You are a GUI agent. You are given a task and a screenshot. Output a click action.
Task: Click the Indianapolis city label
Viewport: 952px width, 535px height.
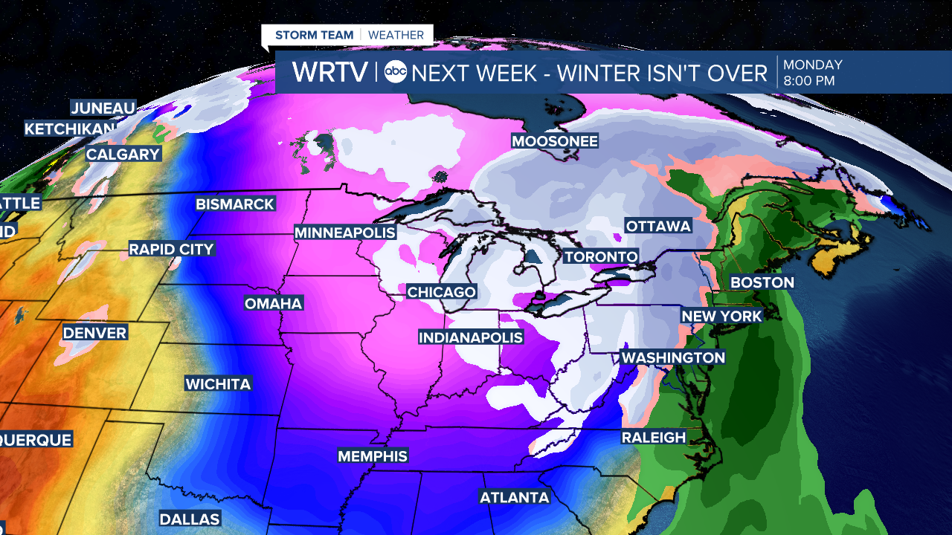click(x=471, y=337)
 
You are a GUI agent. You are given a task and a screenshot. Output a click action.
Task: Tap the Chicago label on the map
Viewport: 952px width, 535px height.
click(x=441, y=292)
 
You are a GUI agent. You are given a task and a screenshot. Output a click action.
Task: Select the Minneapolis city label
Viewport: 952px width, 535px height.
click(x=345, y=233)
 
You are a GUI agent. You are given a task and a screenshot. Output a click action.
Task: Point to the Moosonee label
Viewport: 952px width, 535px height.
click(x=555, y=140)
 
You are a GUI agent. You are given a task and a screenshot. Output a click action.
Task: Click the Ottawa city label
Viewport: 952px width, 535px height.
click(x=658, y=226)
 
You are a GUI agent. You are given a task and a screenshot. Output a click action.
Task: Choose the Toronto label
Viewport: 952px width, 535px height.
click(x=601, y=257)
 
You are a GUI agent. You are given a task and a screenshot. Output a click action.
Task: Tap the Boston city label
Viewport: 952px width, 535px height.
click(x=762, y=282)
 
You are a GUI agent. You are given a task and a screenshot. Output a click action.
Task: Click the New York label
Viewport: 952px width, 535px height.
click(x=722, y=316)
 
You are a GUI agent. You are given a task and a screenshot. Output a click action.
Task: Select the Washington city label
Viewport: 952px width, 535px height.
click(x=673, y=357)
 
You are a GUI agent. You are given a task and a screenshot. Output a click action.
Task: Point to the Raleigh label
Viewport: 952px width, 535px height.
click(x=654, y=438)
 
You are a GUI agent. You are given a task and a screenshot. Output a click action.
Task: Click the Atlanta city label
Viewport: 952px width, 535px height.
click(x=515, y=497)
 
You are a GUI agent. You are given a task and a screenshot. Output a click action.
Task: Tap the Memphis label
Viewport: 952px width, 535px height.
click(x=373, y=455)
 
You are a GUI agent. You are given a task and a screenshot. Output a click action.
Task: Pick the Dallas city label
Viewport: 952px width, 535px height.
click(x=190, y=519)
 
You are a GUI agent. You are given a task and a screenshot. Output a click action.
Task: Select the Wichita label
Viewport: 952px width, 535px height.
click(x=218, y=383)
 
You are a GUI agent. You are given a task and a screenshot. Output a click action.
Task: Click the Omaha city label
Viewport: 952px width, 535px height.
click(x=274, y=303)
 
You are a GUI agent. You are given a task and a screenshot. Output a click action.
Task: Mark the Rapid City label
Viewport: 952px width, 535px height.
click(x=171, y=249)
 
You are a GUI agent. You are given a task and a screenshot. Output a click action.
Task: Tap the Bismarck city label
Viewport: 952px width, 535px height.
click(x=235, y=204)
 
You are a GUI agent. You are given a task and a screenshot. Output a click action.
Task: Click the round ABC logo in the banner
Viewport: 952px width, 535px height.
click(x=396, y=73)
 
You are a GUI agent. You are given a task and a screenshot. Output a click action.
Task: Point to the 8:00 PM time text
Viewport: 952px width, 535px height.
click(x=808, y=80)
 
